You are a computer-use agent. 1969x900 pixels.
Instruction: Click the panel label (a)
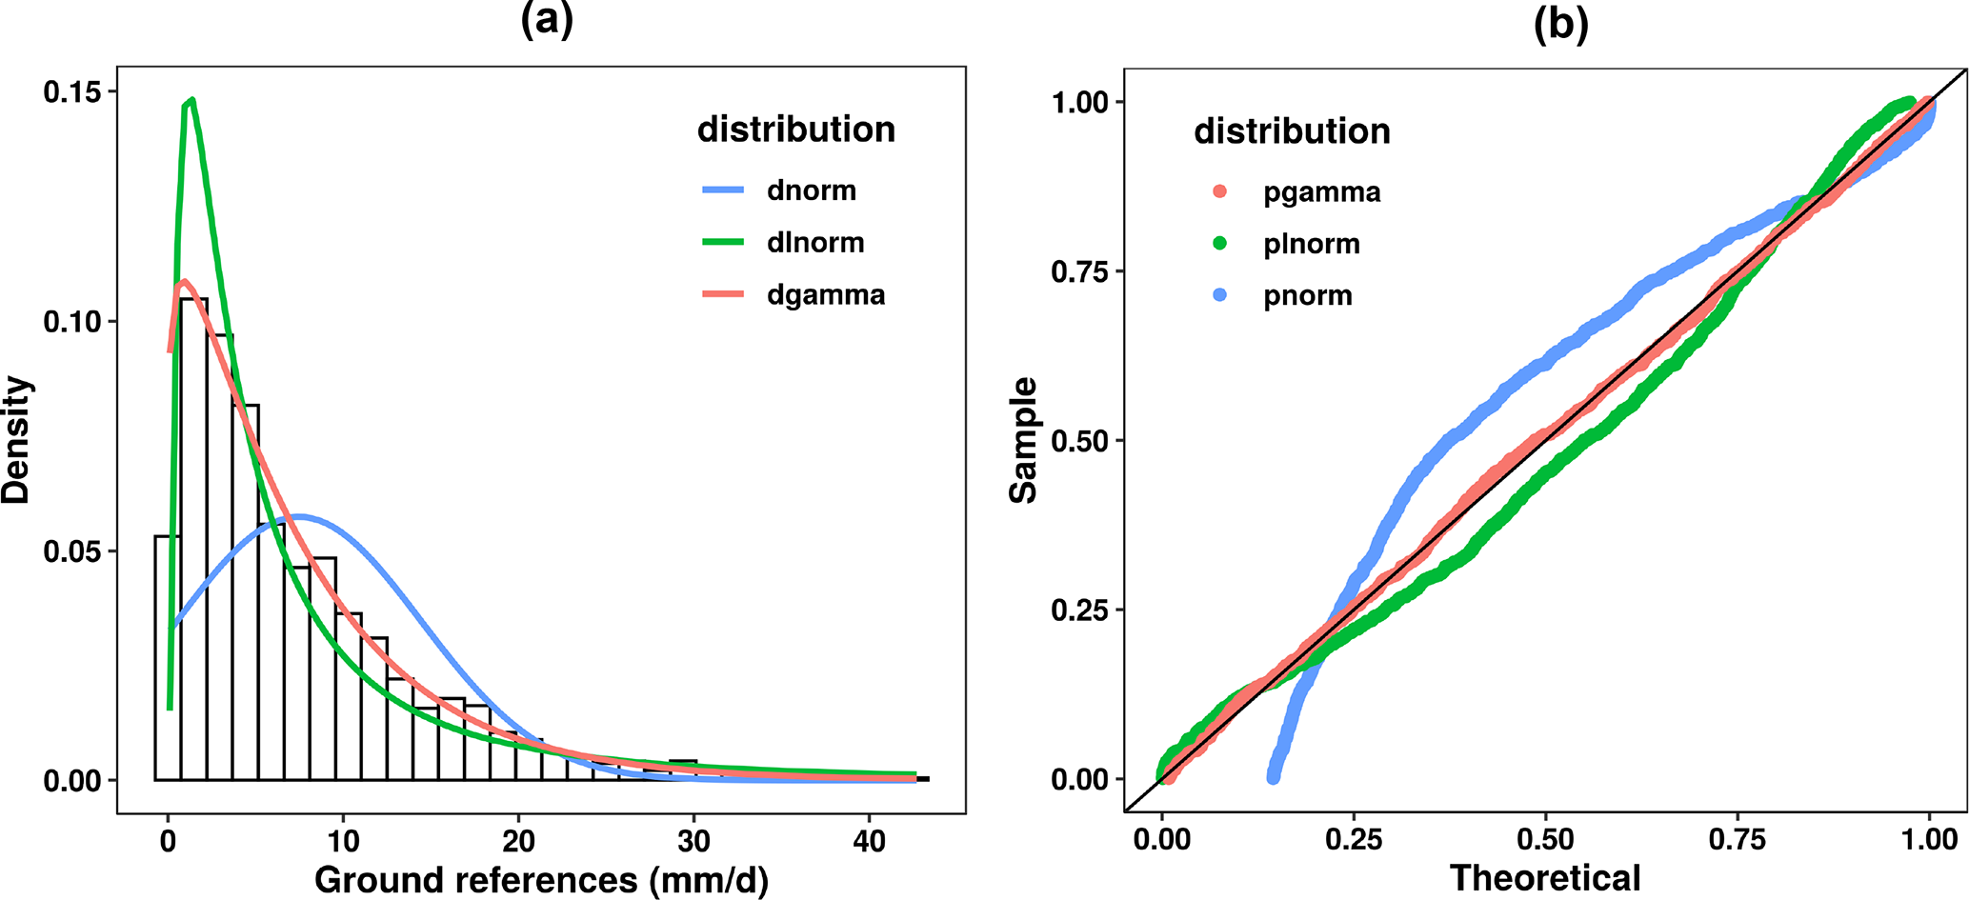coord(547,20)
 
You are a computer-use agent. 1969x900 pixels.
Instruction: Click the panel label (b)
coord(1560,24)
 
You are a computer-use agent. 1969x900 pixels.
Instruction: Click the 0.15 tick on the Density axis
coord(71,91)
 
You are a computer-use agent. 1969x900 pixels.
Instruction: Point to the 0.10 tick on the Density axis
coord(71,322)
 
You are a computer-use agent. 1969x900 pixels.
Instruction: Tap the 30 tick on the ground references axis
coord(694,841)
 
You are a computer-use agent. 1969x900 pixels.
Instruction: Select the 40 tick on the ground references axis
coord(870,841)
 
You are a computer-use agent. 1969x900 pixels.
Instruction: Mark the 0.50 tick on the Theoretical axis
coord(1545,839)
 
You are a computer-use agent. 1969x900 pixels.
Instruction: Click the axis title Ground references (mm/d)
coord(541,880)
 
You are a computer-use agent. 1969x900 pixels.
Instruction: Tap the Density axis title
coord(17,440)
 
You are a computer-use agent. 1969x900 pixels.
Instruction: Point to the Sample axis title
coord(1024,440)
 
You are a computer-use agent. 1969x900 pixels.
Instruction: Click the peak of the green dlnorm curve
coord(192,99)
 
